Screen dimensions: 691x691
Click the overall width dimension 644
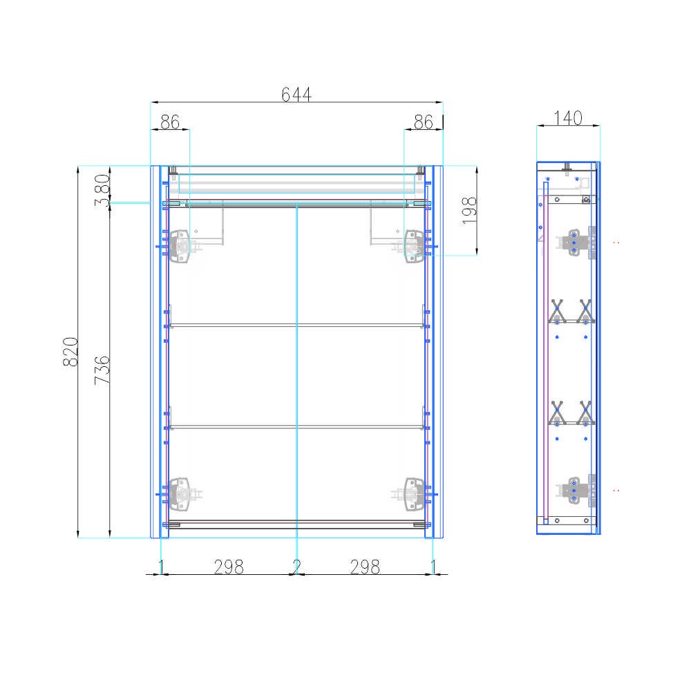tap(296, 94)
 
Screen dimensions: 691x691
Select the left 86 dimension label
tap(169, 122)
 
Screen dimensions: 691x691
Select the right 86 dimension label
tap(423, 122)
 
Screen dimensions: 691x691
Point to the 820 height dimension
tap(70, 352)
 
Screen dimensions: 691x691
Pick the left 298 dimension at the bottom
tap(229, 567)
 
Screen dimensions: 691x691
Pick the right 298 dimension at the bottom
tap(365, 567)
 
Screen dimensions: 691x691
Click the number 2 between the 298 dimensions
tap(296, 567)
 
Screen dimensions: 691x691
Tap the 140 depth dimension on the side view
tap(568, 118)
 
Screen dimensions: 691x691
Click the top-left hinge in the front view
tap(181, 245)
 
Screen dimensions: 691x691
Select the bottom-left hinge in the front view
tap(181, 493)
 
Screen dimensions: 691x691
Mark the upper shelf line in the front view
tap(296, 324)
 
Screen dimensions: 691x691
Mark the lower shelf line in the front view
tap(296, 426)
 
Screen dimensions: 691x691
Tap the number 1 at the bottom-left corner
tap(161, 567)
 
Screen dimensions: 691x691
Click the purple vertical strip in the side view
tap(546, 359)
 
